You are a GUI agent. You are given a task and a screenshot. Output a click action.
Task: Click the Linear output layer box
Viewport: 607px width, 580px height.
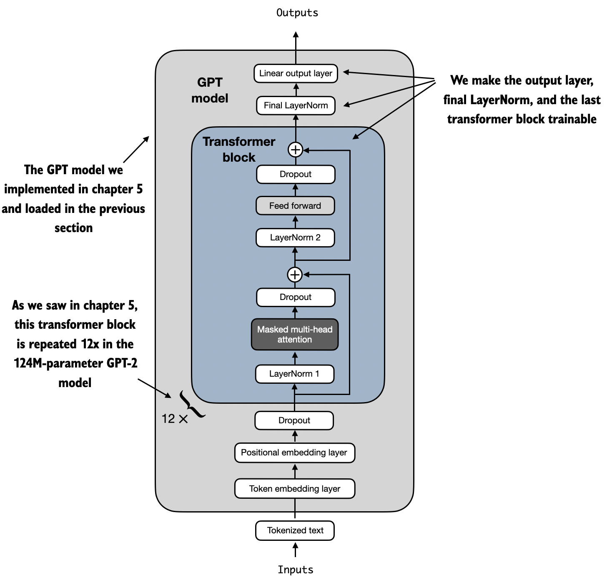coord(296,74)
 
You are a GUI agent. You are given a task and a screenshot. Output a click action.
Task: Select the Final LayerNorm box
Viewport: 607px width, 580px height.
coord(296,105)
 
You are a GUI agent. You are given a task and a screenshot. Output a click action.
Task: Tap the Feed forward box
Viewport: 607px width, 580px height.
coord(295,206)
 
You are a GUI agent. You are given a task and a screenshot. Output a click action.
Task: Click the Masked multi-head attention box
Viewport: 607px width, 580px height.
coord(295,335)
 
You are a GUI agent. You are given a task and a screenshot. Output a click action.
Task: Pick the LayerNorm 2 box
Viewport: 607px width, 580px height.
coord(295,237)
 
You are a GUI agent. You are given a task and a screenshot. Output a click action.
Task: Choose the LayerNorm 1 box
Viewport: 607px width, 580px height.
coord(294,374)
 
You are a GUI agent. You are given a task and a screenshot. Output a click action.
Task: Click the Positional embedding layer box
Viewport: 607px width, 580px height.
coord(294,452)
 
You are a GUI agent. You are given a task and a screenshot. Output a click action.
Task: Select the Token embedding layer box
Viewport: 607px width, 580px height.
coord(295,489)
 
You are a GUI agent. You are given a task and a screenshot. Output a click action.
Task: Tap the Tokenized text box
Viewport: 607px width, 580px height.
coord(295,530)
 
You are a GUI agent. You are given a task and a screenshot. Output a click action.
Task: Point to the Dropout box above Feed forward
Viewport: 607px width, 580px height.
coord(296,174)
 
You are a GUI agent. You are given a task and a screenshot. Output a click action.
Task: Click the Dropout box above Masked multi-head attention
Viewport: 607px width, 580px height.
coord(296,297)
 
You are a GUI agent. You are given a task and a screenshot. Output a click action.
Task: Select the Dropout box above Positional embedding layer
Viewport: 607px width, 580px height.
coord(294,420)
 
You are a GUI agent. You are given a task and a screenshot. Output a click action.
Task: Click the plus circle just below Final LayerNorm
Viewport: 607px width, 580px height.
coord(296,150)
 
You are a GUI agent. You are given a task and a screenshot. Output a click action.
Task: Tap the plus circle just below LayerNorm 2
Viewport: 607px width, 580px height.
coord(295,274)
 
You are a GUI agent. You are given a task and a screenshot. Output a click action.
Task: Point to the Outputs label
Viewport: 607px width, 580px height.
coord(297,13)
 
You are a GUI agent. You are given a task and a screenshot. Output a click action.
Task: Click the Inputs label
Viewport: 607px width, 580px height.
coord(296,570)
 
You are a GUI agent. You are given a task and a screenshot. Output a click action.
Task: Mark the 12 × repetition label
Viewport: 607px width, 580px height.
coord(175,419)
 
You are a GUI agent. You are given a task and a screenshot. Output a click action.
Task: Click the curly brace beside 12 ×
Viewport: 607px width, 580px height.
coord(192,404)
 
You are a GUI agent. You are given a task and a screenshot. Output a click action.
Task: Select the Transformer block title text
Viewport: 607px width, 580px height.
coord(239,149)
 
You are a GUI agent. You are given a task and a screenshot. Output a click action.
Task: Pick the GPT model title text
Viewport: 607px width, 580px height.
coord(210,90)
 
